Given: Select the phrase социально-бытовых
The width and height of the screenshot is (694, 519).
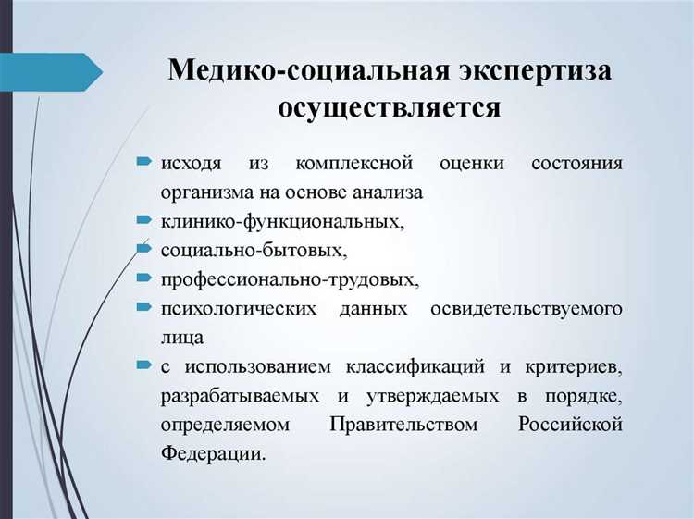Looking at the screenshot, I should [x=253, y=250].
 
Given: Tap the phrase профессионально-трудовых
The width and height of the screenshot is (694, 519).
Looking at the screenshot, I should [x=290, y=278].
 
